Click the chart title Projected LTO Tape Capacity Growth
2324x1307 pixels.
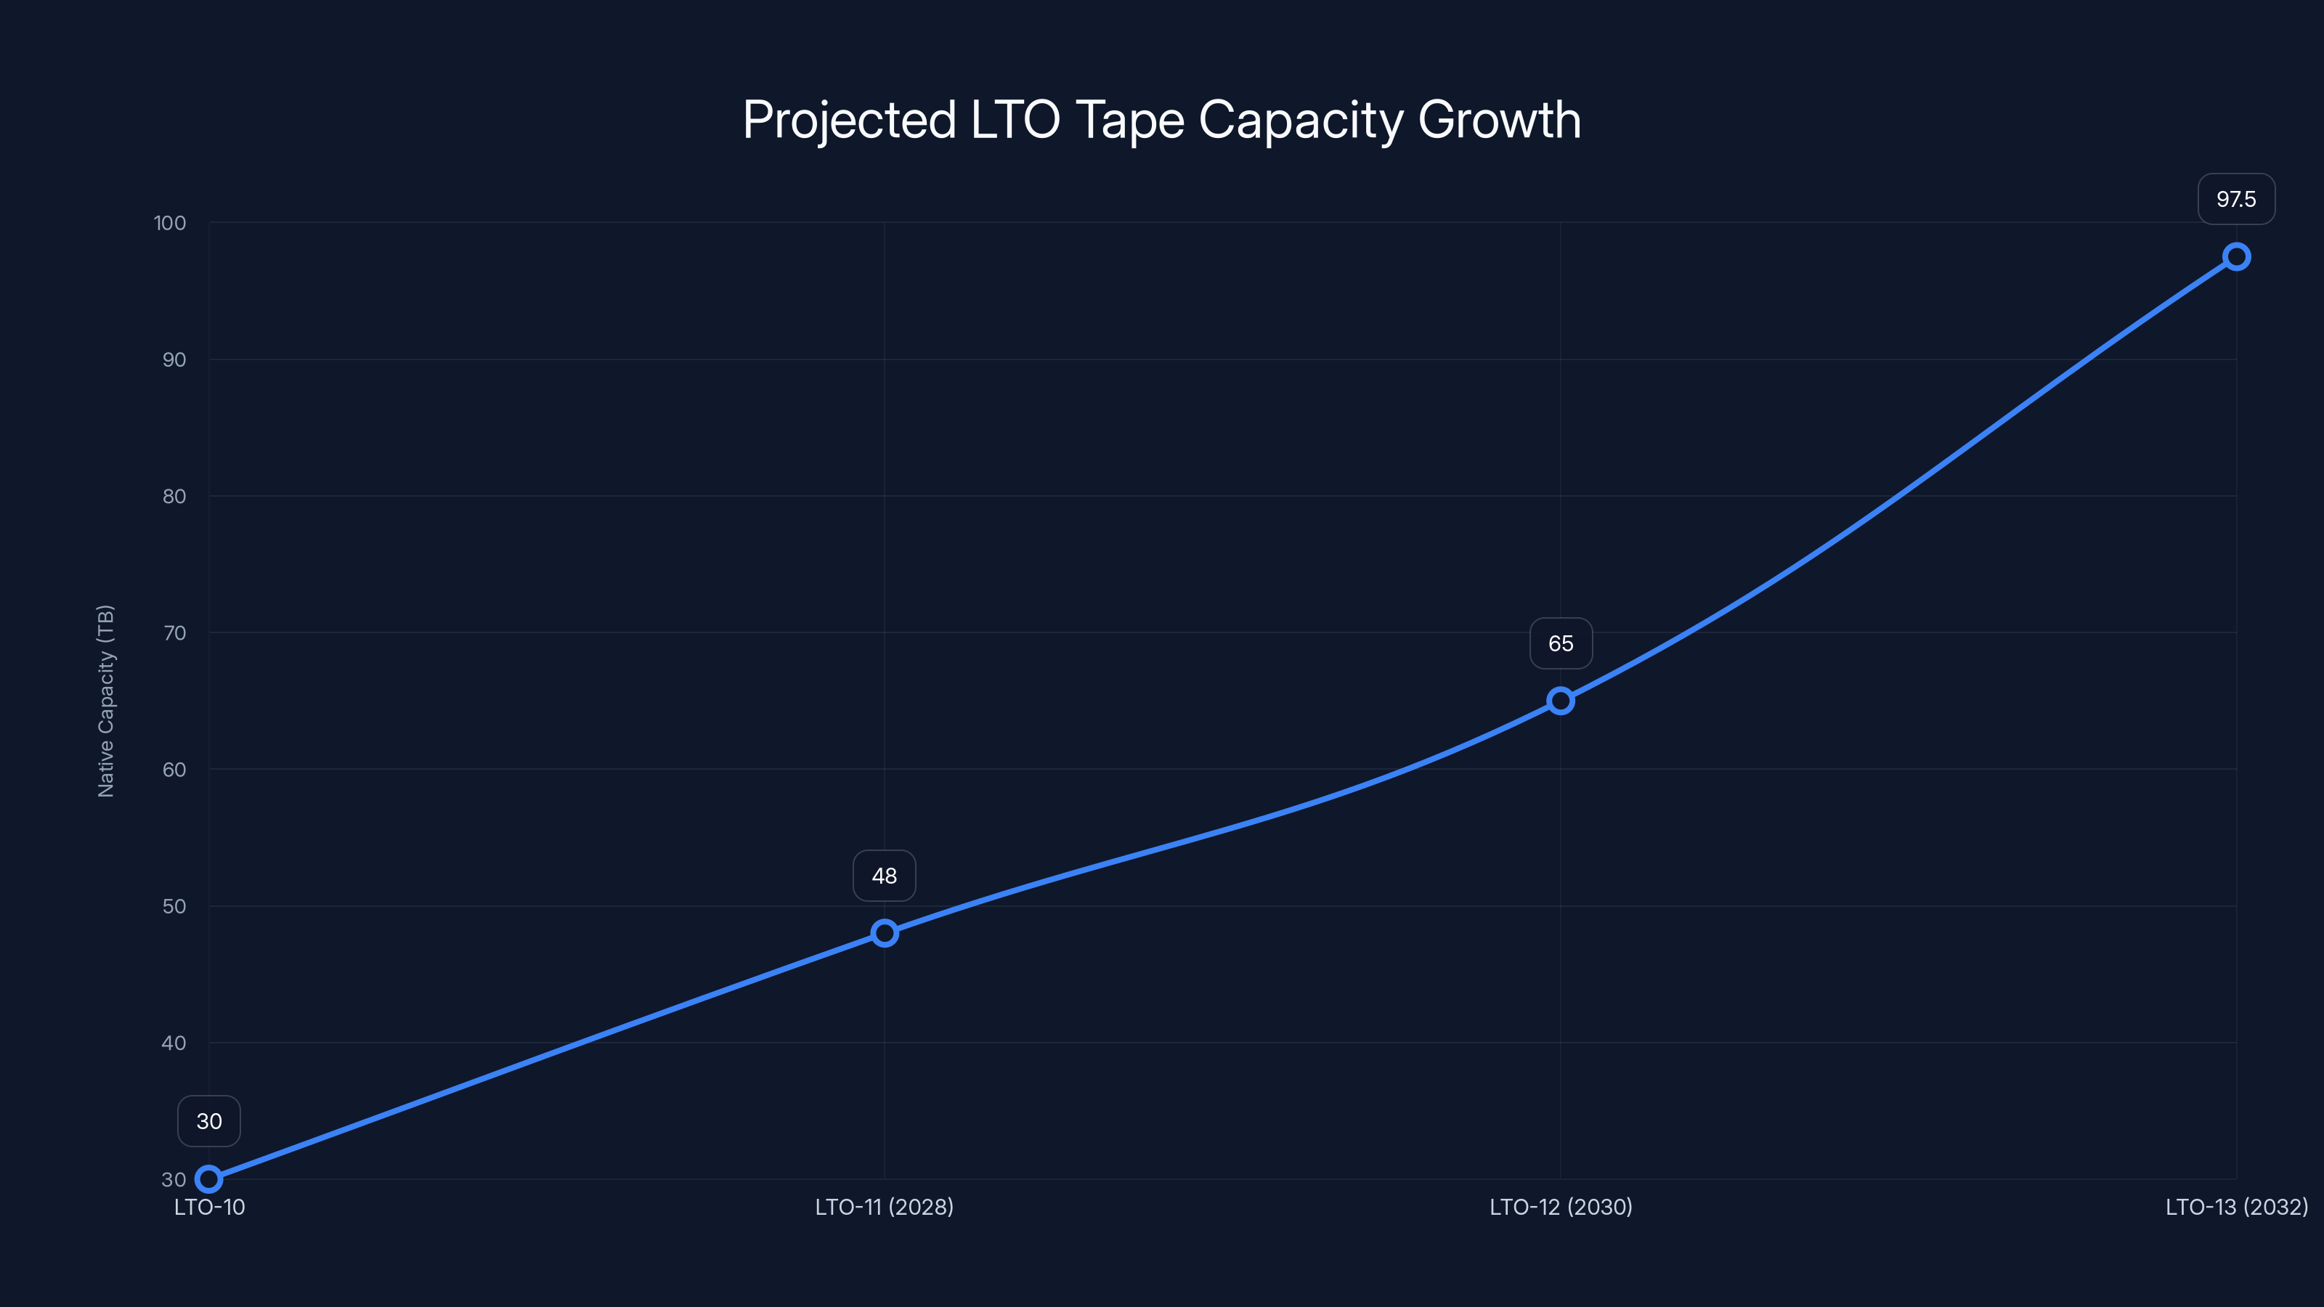point(1161,119)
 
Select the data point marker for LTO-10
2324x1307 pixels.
point(208,1179)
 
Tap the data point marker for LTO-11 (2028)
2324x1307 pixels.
point(884,932)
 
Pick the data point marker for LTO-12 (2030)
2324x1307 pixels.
point(1560,701)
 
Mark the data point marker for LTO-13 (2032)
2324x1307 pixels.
point(2235,257)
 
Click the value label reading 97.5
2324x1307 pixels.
point(2235,200)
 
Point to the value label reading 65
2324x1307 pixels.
point(1560,643)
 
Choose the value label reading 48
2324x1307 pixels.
point(884,876)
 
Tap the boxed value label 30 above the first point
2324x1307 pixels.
point(208,1121)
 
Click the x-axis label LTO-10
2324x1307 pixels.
point(209,1207)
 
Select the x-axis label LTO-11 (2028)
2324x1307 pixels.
point(884,1207)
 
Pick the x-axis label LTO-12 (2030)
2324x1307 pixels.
point(1560,1207)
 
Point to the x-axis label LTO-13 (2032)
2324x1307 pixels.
point(2235,1207)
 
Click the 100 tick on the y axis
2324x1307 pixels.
point(170,223)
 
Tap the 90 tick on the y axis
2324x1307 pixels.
point(174,360)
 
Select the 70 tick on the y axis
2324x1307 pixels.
point(174,633)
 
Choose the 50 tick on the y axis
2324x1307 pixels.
point(174,906)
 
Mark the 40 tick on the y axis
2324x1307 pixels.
point(174,1043)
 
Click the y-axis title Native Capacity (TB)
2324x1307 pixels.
point(105,701)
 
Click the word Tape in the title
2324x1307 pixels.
point(1129,119)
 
